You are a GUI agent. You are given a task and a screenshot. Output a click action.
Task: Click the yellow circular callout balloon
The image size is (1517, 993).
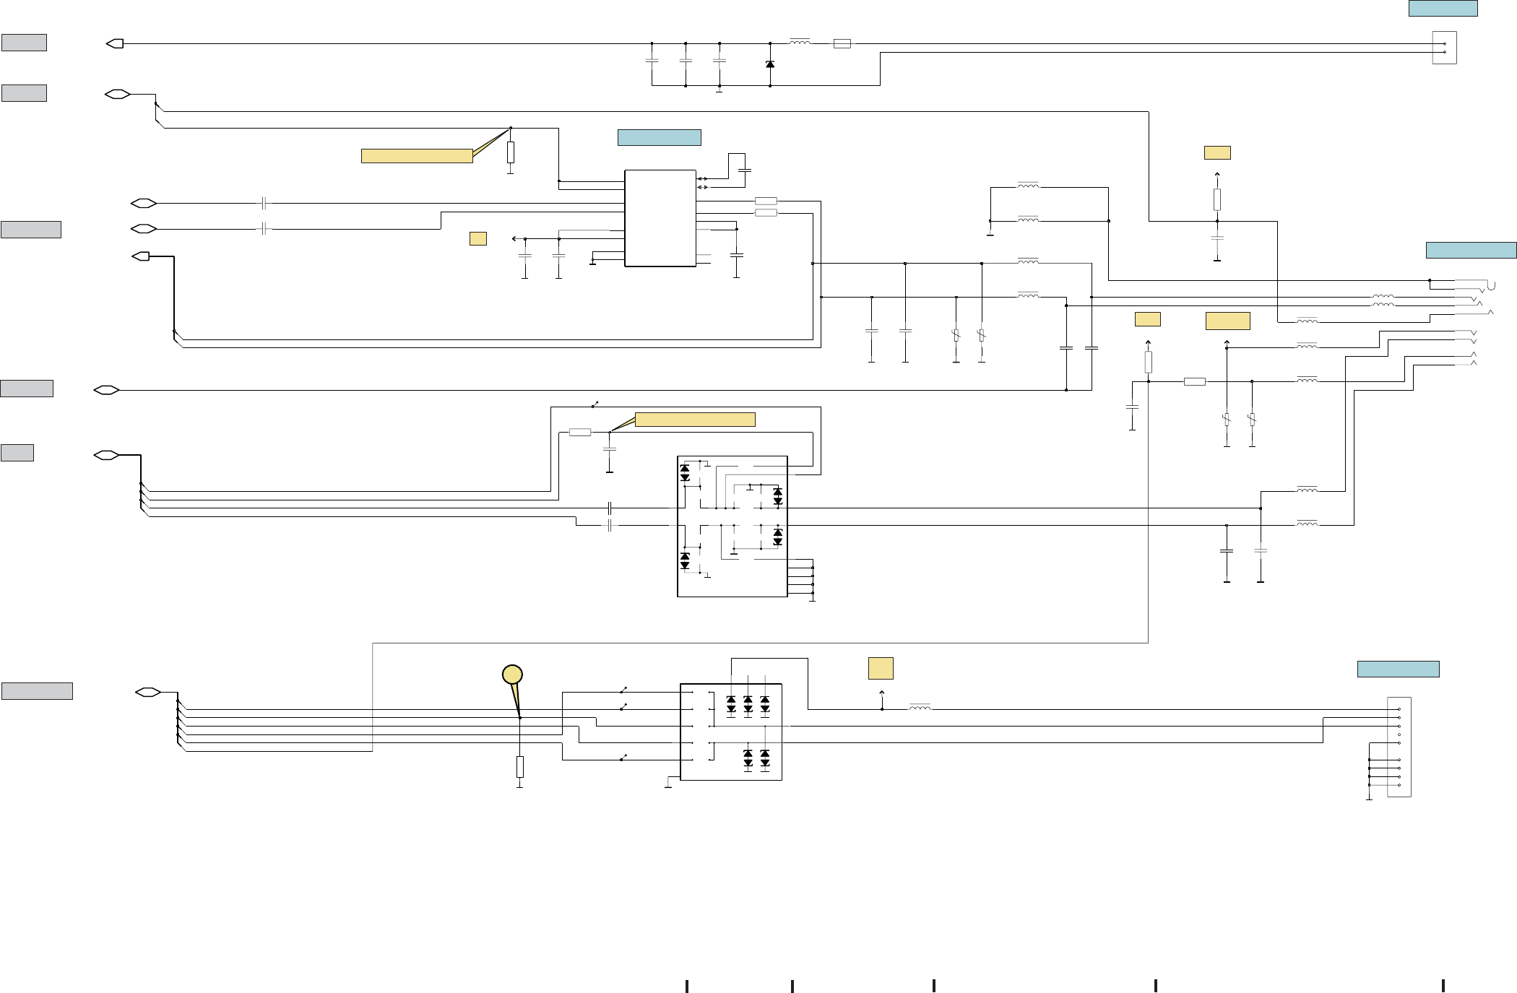pyautogui.click(x=512, y=675)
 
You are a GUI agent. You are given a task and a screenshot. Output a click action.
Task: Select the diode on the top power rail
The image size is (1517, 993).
pyautogui.click(x=770, y=64)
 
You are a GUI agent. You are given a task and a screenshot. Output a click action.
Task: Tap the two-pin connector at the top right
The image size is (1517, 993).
pyautogui.click(x=1444, y=48)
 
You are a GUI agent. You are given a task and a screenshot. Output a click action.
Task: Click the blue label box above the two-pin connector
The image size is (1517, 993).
pyautogui.click(x=1443, y=8)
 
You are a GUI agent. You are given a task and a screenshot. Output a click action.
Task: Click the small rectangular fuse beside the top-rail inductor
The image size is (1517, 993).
pyautogui.click(x=842, y=43)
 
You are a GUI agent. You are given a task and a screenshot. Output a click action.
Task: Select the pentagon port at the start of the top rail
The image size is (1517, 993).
pyautogui.click(x=115, y=43)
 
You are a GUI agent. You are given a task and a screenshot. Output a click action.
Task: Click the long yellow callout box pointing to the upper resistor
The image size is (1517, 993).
pyautogui.click(x=417, y=156)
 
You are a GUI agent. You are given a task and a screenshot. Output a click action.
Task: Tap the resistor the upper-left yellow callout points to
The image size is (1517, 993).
pyautogui.click(x=511, y=152)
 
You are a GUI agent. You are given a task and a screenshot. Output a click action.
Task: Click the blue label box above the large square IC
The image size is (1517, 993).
pyautogui.click(x=659, y=137)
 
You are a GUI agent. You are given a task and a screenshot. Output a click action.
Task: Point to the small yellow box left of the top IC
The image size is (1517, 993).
pyautogui.click(x=477, y=238)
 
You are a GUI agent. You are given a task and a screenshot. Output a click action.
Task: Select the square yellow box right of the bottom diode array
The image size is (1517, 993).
pyautogui.click(x=881, y=668)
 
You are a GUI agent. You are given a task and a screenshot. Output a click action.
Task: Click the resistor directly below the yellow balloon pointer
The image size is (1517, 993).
pyautogui.click(x=520, y=766)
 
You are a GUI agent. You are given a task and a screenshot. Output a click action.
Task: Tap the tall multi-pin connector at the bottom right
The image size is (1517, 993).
pyautogui.click(x=1399, y=747)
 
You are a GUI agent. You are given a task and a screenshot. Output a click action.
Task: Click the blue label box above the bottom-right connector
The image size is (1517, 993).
pyautogui.click(x=1398, y=669)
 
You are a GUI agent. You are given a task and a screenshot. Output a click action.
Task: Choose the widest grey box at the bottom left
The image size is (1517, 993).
pyautogui.click(x=37, y=691)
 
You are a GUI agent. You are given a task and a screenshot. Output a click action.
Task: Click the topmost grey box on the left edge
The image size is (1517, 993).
pyautogui.click(x=24, y=43)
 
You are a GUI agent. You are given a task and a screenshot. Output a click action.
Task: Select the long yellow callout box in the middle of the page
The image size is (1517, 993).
pyautogui.click(x=695, y=420)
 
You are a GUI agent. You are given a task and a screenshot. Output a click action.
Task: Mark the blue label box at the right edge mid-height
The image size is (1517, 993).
pyautogui.click(x=1471, y=250)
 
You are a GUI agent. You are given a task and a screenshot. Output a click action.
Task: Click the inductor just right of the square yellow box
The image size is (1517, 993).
pyautogui.click(x=920, y=708)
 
